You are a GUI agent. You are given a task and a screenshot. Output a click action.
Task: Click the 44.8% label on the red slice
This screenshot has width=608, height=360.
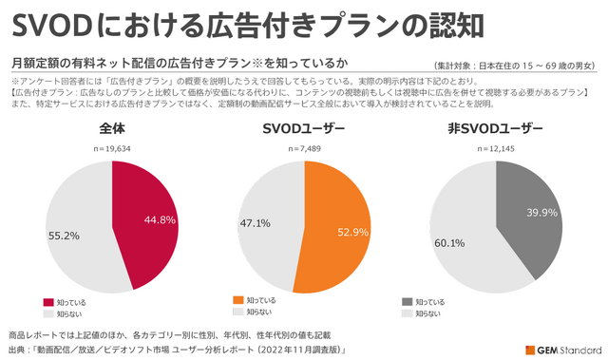[x=160, y=220]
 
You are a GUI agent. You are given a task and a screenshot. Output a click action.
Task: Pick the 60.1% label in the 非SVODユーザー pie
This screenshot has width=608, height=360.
[x=448, y=243]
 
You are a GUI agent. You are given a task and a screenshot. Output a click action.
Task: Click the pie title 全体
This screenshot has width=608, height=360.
[x=111, y=129]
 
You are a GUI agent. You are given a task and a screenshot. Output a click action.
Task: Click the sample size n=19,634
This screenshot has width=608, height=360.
[x=111, y=148]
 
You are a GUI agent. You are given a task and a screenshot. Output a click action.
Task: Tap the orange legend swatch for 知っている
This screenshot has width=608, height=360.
[x=238, y=300]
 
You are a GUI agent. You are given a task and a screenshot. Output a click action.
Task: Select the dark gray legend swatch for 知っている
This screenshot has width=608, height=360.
[x=407, y=301]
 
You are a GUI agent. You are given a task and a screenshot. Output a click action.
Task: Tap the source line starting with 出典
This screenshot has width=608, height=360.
[x=177, y=350]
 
